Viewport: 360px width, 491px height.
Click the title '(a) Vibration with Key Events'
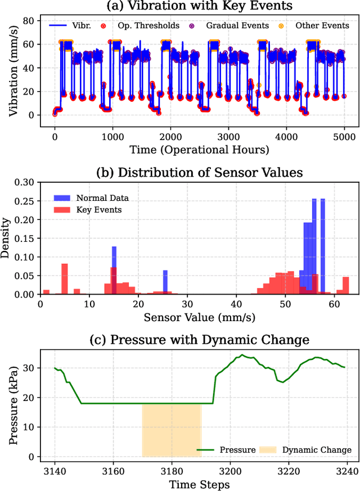tap(194, 7)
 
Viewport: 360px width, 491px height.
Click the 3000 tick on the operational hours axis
tap(228, 136)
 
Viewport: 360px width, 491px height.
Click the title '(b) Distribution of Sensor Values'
tap(194, 173)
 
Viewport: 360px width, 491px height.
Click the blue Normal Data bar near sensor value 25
tap(165, 282)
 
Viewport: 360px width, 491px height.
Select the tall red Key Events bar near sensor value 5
tap(64, 279)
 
